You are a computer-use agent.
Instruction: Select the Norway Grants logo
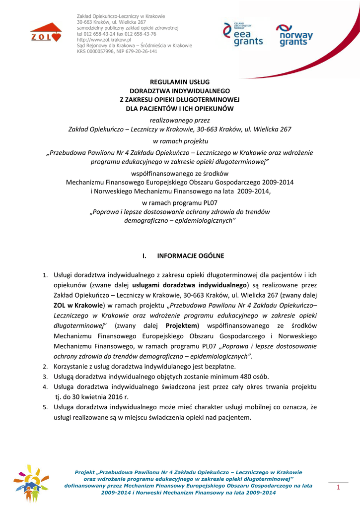point(294,35)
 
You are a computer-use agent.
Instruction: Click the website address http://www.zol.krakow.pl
point(104,39)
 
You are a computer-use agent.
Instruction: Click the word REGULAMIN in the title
point(166,82)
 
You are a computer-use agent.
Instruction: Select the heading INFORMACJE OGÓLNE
point(191,256)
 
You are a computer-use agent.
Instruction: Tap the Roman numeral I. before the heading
point(145,256)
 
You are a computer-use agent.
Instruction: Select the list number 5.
point(44,408)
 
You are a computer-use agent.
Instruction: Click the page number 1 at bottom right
point(338,488)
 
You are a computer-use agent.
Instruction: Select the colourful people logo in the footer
point(31,483)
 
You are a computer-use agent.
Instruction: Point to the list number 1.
point(44,275)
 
